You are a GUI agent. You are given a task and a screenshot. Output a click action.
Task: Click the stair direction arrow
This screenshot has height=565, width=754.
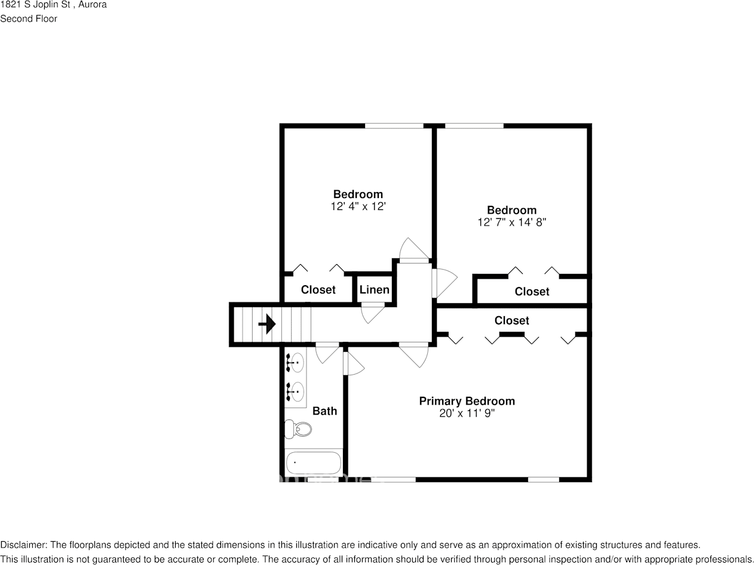point(267,323)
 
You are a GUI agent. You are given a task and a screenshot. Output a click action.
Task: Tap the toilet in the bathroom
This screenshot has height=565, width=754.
point(298,429)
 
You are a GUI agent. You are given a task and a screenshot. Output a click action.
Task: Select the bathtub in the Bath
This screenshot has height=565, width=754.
point(313,462)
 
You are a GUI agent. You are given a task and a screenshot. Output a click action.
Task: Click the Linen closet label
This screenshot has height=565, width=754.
point(374,289)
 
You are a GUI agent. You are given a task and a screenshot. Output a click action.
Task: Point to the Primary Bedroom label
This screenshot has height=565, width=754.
point(467,401)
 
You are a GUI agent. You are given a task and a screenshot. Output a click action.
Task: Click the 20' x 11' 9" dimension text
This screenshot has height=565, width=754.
point(467,413)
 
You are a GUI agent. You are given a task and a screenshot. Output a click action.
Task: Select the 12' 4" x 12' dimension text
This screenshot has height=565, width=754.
point(358,206)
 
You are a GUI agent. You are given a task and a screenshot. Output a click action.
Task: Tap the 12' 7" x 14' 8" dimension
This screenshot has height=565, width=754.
point(511,223)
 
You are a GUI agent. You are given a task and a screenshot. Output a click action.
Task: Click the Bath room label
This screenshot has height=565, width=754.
point(324,411)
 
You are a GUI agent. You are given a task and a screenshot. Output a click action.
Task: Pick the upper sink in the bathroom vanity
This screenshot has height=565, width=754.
point(295,363)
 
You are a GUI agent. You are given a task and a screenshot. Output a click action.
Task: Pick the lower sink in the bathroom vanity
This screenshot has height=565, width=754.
point(295,391)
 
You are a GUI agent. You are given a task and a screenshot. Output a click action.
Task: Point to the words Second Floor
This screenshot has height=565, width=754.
point(29,19)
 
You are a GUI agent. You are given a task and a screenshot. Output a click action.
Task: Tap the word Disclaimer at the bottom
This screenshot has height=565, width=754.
point(23,545)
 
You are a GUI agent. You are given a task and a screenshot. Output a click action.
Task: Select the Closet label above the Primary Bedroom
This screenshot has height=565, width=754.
point(511,320)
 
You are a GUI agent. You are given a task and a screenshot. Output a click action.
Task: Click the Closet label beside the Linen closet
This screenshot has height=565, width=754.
point(318,289)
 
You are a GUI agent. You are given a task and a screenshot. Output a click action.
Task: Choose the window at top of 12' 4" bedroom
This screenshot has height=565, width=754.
point(394,126)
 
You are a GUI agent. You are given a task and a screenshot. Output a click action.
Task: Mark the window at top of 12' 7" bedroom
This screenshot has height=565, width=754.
point(474,126)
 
